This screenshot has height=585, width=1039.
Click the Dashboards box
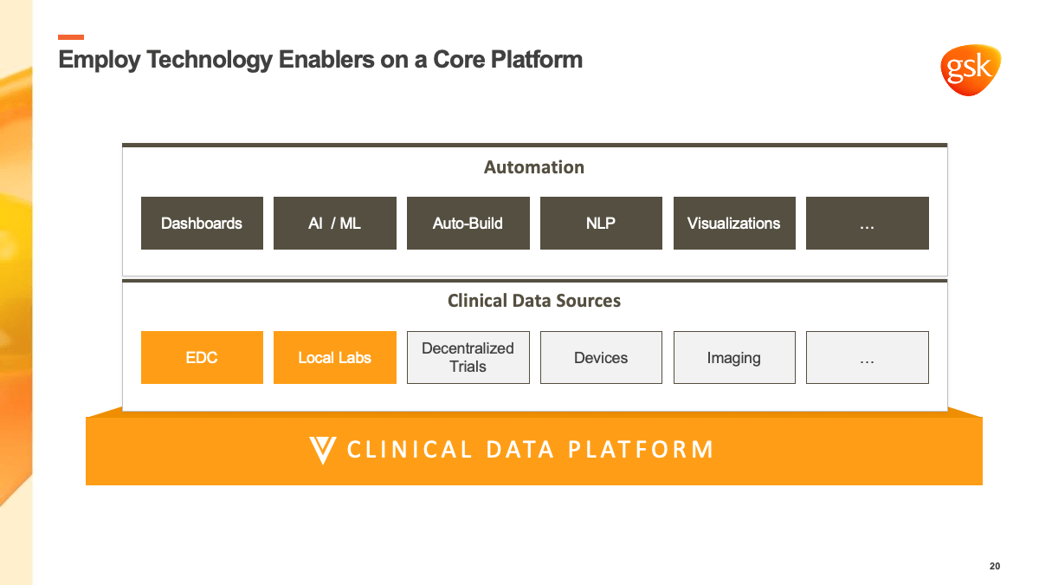pos(202,223)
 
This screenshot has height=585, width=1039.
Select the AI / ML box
pos(335,223)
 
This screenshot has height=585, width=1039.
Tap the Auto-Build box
pos(468,223)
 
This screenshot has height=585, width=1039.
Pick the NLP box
pos(601,223)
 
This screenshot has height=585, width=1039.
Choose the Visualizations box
pos(734,223)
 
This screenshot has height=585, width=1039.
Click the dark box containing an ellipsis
pos(868,223)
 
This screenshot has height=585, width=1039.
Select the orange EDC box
pos(202,357)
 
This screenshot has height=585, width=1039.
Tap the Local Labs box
pos(335,357)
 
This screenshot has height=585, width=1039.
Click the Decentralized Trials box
pos(468,357)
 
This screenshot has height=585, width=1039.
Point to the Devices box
pos(601,357)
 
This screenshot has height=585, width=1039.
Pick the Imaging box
pos(734,357)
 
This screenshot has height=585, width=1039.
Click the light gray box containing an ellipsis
pos(868,357)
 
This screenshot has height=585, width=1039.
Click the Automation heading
pos(534,167)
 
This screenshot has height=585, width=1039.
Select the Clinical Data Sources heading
pos(534,301)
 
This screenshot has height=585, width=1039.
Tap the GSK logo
pos(971,69)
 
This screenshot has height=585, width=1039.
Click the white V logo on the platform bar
pos(323,450)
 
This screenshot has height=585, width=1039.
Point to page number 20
pos(995,566)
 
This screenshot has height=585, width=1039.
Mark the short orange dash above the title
pos(71,37)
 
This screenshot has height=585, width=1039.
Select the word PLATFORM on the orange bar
pos(641,450)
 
